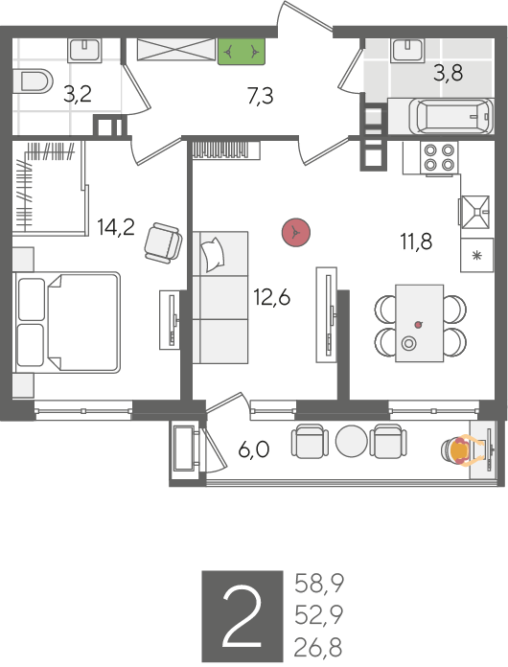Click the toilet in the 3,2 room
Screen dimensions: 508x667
(x=33, y=80)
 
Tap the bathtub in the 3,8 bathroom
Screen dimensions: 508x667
(x=451, y=116)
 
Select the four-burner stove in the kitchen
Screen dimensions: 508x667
(x=440, y=157)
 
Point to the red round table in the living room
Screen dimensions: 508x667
(x=296, y=232)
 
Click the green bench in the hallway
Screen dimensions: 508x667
(x=242, y=52)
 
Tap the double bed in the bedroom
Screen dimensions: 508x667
(x=67, y=322)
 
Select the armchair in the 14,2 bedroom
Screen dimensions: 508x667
(x=163, y=241)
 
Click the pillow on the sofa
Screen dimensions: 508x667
(x=214, y=254)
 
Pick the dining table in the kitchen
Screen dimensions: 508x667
(x=420, y=323)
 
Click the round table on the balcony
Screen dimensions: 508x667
(x=351, y=441)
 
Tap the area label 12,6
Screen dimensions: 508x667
(x=272, y=297)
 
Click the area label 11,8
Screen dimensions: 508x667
(x=416, y=241)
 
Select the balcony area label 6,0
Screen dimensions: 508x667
(x=254, y=449)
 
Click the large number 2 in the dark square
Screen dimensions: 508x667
(x=242, y=615)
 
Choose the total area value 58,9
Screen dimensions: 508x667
(x=319, y=584)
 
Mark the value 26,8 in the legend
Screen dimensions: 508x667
(x=318, y=648)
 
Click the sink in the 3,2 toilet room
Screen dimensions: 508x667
(x=84, y=50)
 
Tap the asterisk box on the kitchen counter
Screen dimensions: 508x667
(x=477, y=255)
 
